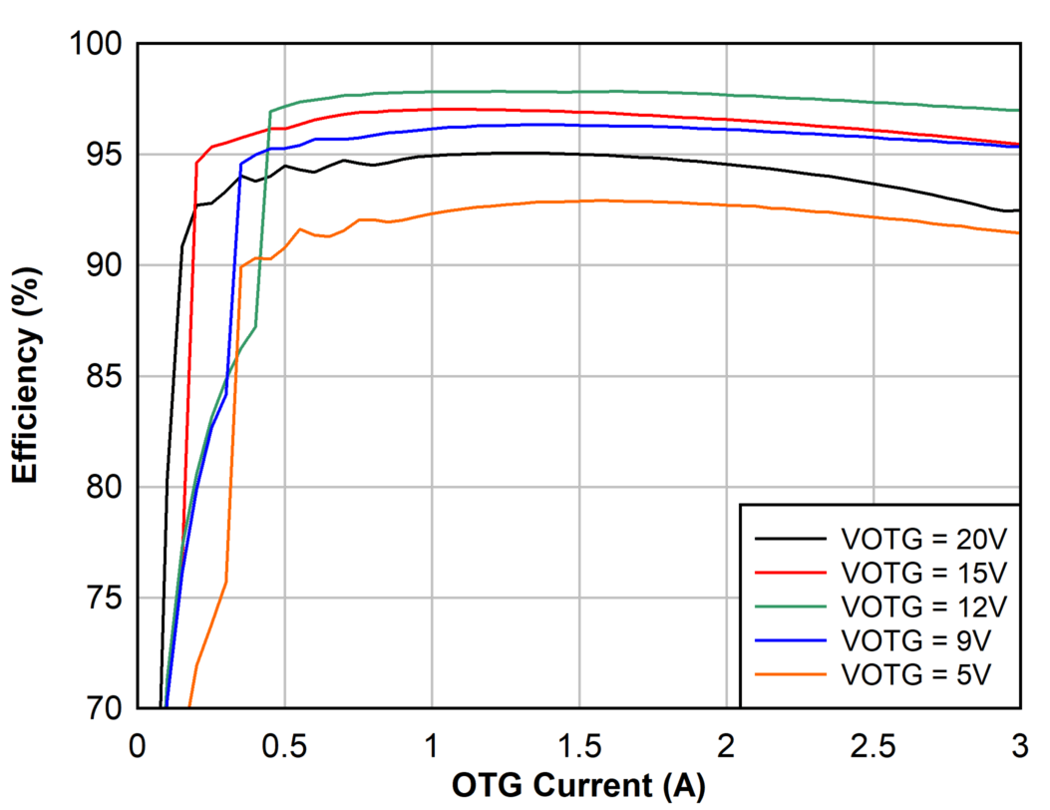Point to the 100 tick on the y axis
point(95,44)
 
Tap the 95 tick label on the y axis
point(103,155)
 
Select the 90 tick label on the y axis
point(103,265)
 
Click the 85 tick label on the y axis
point(103,377)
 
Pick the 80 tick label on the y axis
point(103,488)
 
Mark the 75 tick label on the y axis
point(103,599)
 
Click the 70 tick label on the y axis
point(103,709)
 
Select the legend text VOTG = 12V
point(924,606)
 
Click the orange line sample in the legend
point(791,673)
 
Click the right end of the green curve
point(1018,110)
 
